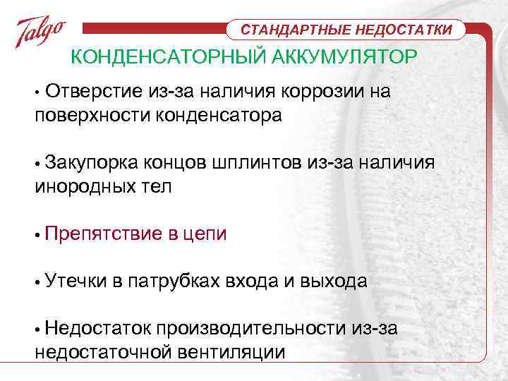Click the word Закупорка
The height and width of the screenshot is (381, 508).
pos(91,164)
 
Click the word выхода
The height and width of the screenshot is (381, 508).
pos(334,282)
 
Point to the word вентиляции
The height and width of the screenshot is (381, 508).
pos(232,353)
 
